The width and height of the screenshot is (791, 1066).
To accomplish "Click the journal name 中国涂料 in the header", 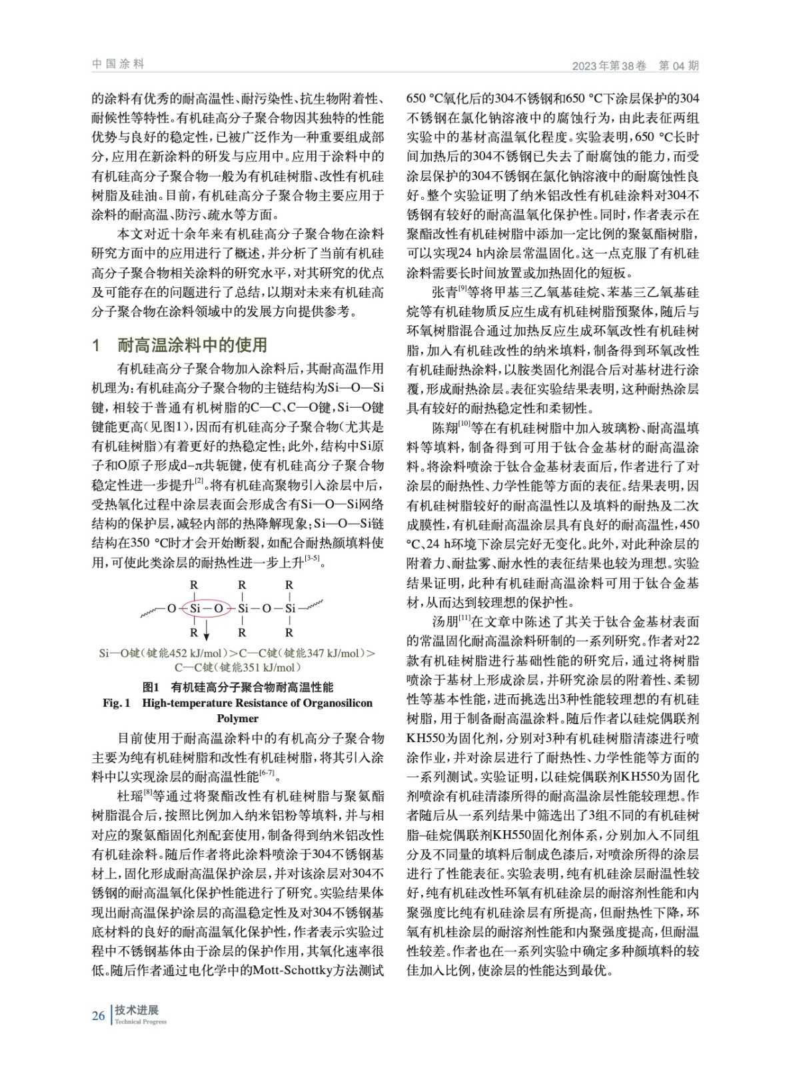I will pos(118,64).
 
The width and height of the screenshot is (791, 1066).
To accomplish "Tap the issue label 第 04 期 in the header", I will pos(678,65).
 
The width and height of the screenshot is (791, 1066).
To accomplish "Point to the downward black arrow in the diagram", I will pos(207,629).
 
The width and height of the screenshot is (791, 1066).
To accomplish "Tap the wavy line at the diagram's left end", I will pos(152,610).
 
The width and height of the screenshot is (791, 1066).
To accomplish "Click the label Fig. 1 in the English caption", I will pos(116,703).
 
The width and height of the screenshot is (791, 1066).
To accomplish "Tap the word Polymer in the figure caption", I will pos(237,718).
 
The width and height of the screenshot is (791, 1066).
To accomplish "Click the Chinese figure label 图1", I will pos(151,687).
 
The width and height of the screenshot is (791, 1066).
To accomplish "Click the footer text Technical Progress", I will pos(141,1022).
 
